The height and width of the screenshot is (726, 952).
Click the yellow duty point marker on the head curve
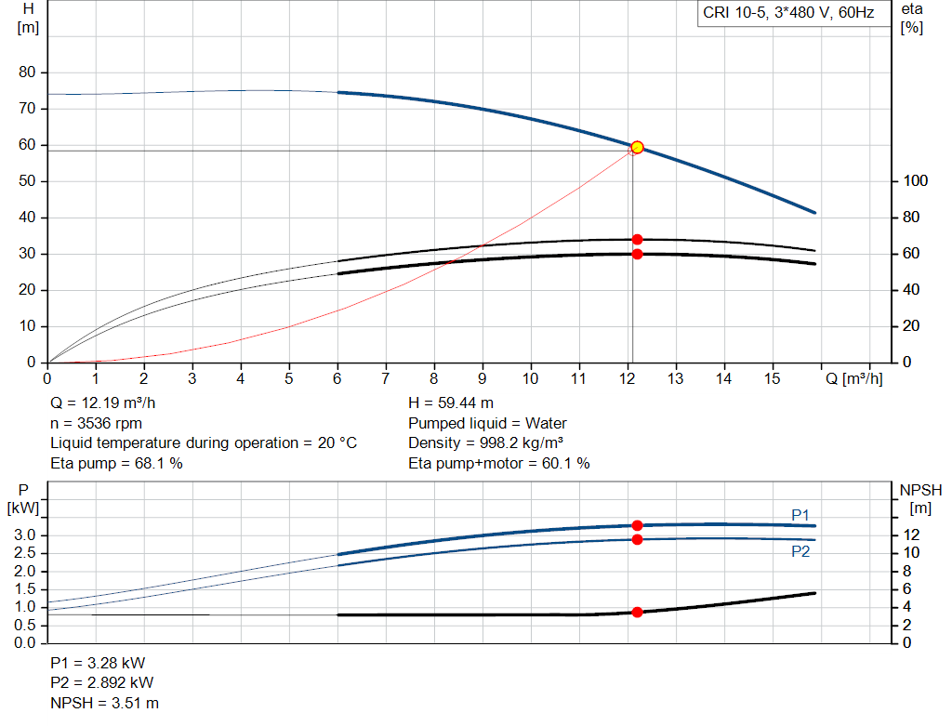[x=637, y=147]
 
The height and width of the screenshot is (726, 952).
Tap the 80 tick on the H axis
[x=27, y=73]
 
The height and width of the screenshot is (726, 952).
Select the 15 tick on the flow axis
[x=773, y=378]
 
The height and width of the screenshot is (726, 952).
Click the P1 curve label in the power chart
[x=800, y=514]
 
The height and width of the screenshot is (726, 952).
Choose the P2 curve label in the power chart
[x=800, y=551]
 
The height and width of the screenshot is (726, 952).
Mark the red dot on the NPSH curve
[x=637, y=612]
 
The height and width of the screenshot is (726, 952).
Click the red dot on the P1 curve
[x=637, y=525]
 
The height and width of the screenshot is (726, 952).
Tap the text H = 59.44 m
[x=451, y=403]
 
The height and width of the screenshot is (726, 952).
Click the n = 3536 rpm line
[x=96, y=423]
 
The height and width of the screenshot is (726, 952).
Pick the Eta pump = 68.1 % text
[x=116, y=463]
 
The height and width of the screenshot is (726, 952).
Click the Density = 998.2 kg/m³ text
[x=486, y=443]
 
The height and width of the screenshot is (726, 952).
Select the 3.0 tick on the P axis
[x=25, y=535]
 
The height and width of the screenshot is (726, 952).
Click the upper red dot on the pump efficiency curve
[x=637, y=239]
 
